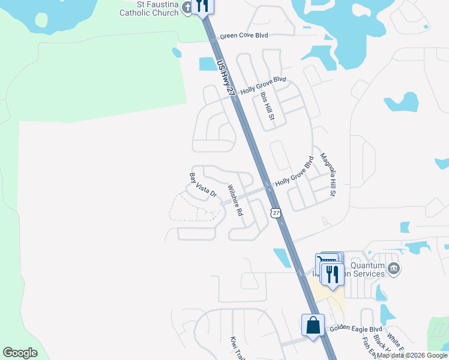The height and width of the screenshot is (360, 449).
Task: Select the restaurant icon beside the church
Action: [x=202, y=6]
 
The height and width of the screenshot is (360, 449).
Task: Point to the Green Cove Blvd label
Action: [x=244, y=36]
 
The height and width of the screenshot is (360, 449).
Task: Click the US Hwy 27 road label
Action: [x=224, y=75]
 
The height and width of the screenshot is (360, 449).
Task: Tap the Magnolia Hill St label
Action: [x=328, y=174]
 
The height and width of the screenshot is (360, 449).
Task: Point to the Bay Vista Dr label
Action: [x=202, y=186]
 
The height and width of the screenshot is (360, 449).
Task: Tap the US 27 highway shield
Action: [x=276, y=213]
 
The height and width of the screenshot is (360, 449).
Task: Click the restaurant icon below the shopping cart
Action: [x=332, y=274]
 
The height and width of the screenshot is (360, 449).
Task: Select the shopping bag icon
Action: [x=313, y=326]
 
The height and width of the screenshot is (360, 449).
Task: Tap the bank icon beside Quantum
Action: [x=394, y=268]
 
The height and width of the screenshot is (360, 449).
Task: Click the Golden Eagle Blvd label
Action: [x=356, y=329]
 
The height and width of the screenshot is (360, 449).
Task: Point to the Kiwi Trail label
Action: [x=235, y=347]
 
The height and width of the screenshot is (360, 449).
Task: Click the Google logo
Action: [x=20, y=353]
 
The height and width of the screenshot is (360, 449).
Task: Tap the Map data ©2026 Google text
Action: [x=412, y=355]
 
